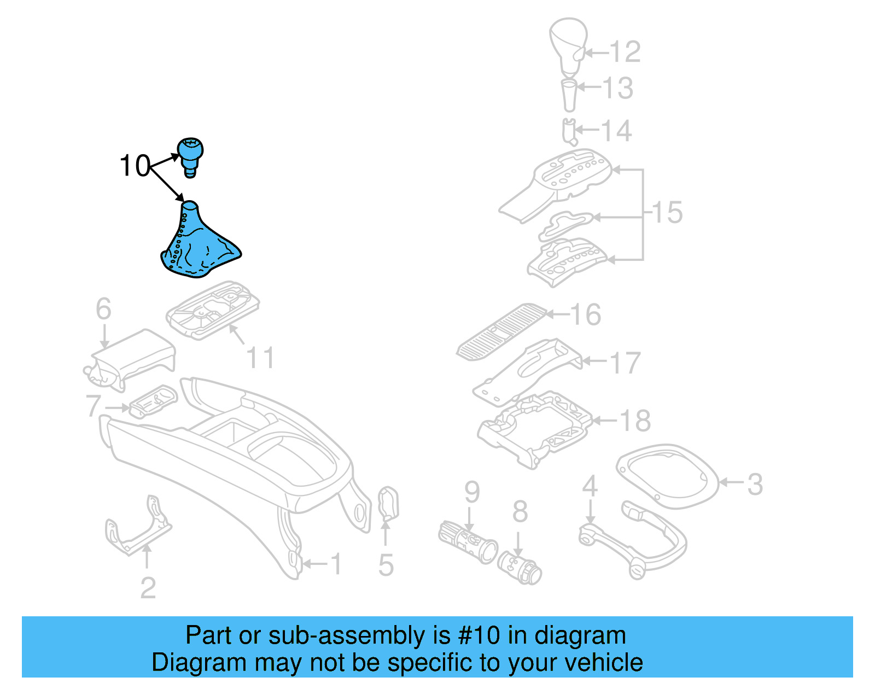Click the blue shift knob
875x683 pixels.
pos(190,153)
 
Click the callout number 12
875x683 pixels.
pos(625,52)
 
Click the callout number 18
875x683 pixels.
pos(635,421)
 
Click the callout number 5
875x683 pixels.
pos(386,565)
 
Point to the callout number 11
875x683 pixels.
pos(260,358)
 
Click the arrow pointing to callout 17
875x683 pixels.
pos(594,361)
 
